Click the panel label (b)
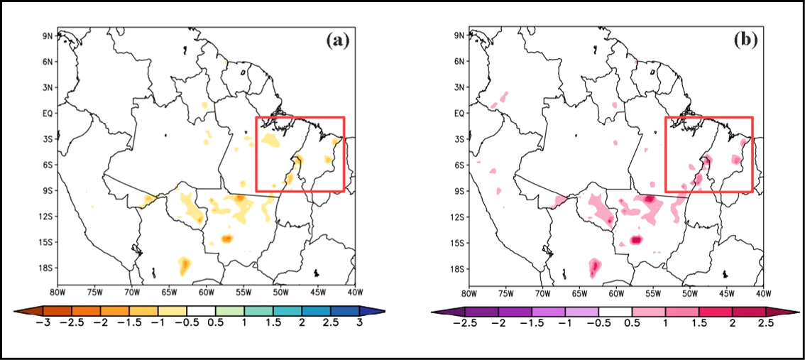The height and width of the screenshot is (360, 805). click(x=746, y=40)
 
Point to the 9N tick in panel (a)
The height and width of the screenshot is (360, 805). click(x=47, y=36)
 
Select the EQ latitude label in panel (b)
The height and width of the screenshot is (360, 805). click(x=458, y=113)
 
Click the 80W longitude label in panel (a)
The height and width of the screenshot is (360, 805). click(x=57, y=293)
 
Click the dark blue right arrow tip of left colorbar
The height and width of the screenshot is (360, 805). click(x=378, y=311)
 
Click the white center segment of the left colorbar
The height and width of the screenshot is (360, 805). click(x=201, y=311)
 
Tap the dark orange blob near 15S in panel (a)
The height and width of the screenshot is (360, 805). click(x=227, y=239)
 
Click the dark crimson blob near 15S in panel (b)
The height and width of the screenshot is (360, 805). click(x=636, y=240)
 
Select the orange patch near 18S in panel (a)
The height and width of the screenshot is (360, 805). click(x=185, y=266)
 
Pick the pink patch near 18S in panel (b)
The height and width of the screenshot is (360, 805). click(x=595, y=267)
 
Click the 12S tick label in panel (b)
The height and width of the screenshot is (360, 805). click(x=456, y=217)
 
